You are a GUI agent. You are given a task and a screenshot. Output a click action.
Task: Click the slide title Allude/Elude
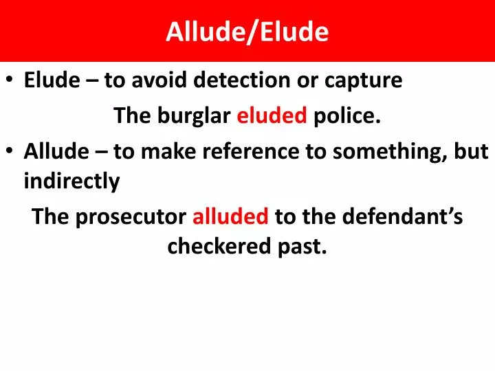click(247, 32)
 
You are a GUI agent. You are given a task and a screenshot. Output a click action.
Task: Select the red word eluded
click(272, 116)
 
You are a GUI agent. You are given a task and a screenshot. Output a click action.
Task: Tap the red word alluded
click(230, 217)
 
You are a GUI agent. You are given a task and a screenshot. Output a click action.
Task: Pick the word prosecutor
click(132, 217)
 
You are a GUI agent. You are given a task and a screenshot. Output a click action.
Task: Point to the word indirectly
click(71, 182)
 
